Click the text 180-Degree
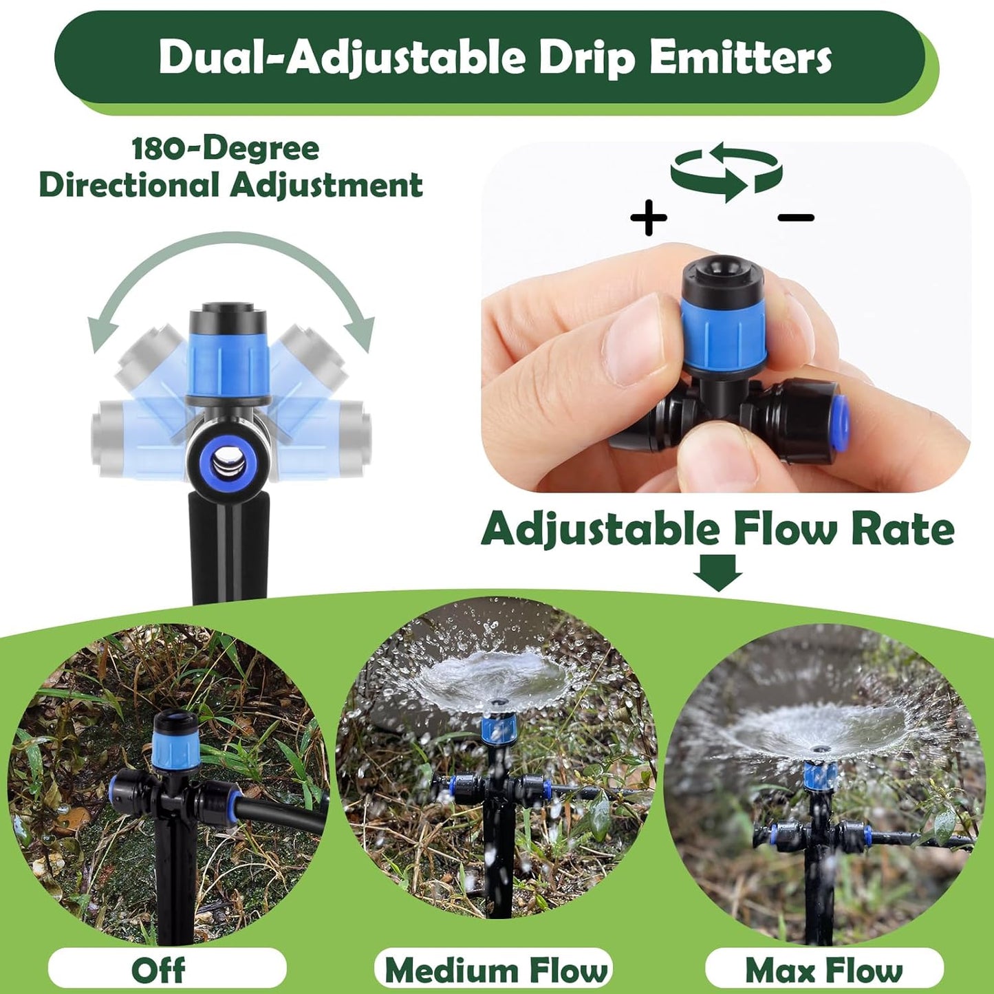[x=226, y=149]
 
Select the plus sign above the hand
[x=649, y=218]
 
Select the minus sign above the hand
[x=796, y=218]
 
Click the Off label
[x=158, y=970]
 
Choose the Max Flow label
[x=824, y=970]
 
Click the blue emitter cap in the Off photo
[x=176, y=751]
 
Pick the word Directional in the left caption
[x=131, y=185]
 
